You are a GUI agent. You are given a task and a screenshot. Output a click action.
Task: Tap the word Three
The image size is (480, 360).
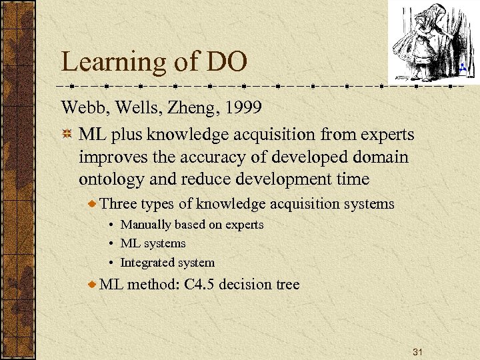(x=116, y=204)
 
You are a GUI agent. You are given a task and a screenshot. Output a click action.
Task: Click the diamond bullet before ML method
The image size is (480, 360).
(x=93, y=285)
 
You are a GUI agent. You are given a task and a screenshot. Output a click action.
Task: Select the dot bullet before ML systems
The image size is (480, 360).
(x=113, y=244)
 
